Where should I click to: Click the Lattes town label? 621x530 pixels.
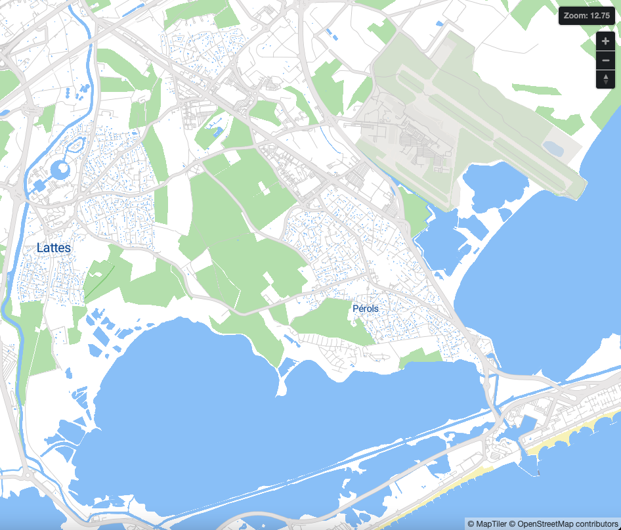pos(54,248)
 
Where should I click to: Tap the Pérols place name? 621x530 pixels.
pos(366,308)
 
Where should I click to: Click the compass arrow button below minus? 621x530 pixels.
pos(605,79)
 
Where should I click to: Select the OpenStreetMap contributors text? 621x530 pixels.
pos(567,523)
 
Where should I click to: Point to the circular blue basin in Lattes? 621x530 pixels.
pos(60,171)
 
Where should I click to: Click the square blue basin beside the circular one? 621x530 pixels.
pos(39,186)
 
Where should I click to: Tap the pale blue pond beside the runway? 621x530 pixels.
pos(553,148)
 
